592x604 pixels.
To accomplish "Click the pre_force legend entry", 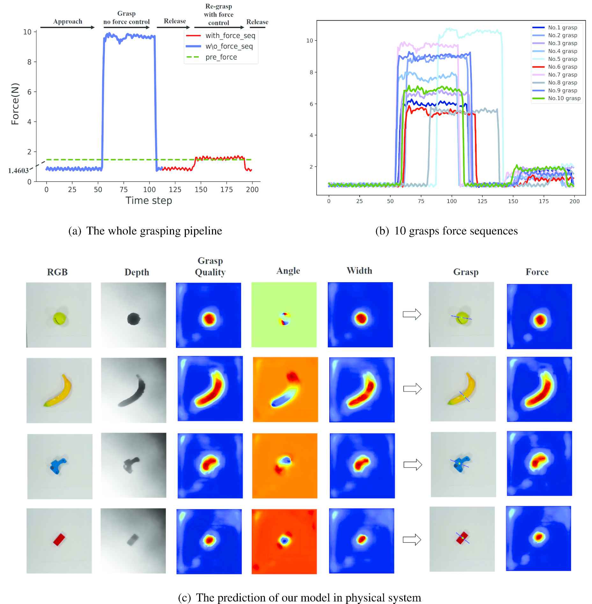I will [221, 57].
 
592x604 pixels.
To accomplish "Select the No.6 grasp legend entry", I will [562, 67].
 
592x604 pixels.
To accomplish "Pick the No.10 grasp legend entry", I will [564, 98].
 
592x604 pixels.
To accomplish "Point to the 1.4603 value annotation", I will [18, 171].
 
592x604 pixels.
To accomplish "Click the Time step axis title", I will [149, 201].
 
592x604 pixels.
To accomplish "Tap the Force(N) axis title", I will [15, 104].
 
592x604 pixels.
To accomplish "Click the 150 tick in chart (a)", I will [201, 190].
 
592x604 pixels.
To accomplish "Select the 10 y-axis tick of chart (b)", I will [310, 41].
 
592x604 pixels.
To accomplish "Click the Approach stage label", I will [68, 21].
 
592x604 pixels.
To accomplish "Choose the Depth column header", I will [137, 272].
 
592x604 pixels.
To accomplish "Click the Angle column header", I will [288, 270].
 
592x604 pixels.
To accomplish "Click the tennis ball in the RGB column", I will [59, 318].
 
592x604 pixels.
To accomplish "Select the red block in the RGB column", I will [59, 540].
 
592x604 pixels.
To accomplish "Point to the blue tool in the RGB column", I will [58, 466].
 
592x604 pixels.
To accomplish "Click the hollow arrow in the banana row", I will [413, 389].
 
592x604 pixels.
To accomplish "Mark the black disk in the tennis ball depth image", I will [134, 319].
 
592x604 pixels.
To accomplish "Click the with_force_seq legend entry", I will [230, 36].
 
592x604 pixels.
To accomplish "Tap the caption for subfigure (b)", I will [446, 231].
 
